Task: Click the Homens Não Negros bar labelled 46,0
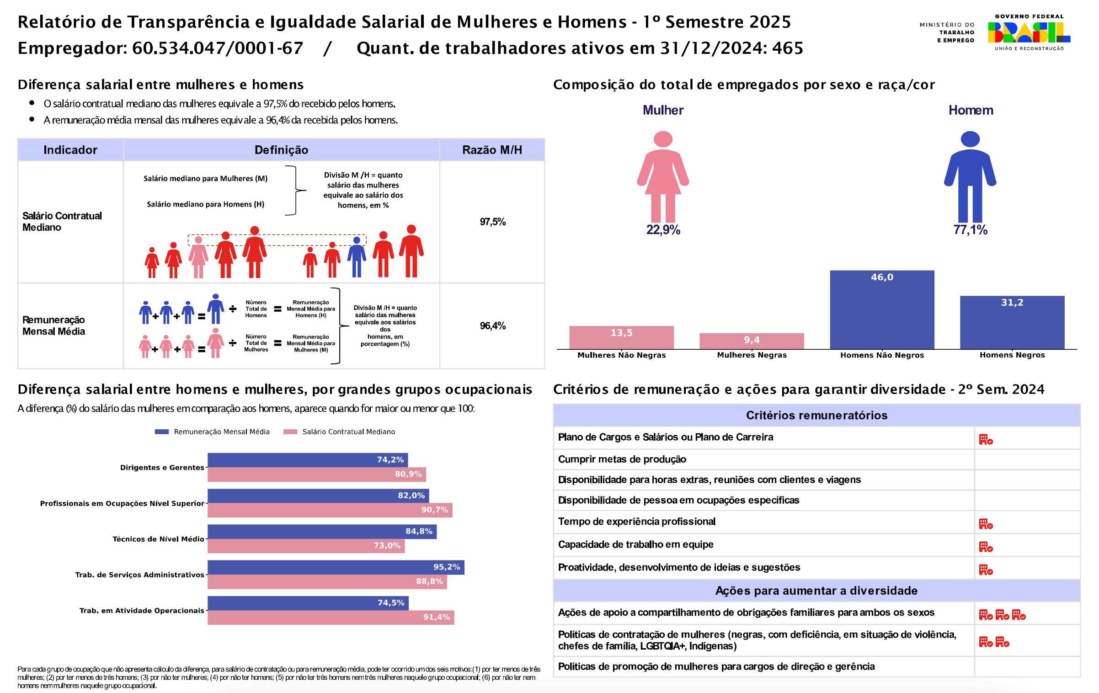pyautogui.click(x=882, y=309)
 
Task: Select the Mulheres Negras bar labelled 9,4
pyautogui.click(x=752, y=341)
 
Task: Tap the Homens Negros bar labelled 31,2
pyautogui.click(x=1012, y=322)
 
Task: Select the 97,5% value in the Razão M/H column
pyautogui.click(x=492, y=222)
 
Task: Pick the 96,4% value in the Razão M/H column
pyautogui.click(x=492, y=326)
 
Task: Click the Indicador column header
pyautogui.click(x=70, y=150)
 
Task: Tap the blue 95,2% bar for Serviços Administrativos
pyautogui.click(x=336, y=567)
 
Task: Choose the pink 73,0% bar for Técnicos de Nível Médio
pyautogui.click(x=306, y=546)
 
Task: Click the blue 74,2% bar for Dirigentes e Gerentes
pyautogui.click(x=307, y=460)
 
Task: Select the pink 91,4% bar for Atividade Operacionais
pyautogui.click(x=331, y=617)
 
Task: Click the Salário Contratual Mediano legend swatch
pyautogui.click(x=290, y=432)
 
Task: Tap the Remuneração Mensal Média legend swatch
pyautogui.click(x=162, y=432)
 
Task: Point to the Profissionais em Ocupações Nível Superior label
pyautogui.click(x=122, y=503)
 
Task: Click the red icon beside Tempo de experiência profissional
pyautogui.click(x=986, y=524)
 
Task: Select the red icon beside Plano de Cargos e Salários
pyautogui.click(x=986, y=440)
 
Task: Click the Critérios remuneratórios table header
pyautogui.click(x=816, y=415)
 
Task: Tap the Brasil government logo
pyautogui.click(x=1029, y=32)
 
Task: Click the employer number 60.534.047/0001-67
pyautogui.click(x=218, y=48)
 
